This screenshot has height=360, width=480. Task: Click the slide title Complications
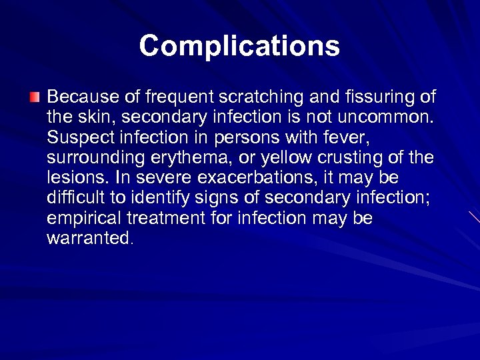239,46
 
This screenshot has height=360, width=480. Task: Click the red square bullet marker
35,98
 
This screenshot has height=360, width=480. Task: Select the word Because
79,97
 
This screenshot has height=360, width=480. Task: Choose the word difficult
74,198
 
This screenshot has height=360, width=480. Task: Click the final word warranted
90,238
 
